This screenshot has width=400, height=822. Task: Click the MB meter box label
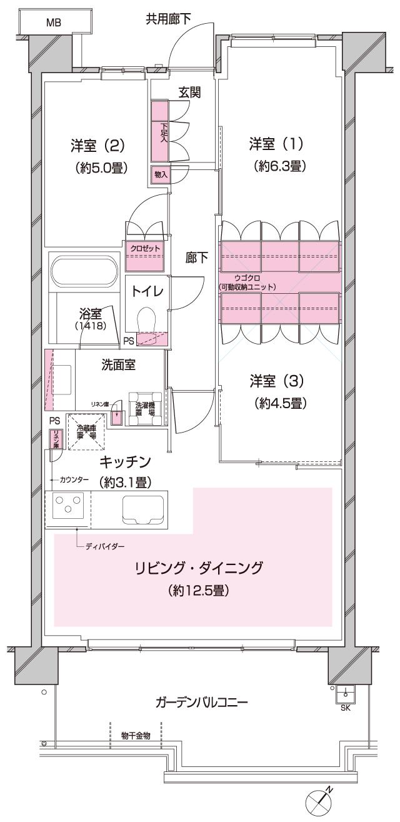point(54,23)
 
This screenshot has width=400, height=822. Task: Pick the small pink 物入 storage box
point(161,175)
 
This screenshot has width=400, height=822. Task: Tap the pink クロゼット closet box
point(145,248)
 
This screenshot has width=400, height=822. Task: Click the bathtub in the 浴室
point(84,271)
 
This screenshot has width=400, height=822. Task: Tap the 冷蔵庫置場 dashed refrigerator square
point(85,431)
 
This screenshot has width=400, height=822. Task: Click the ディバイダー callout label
point(105,546)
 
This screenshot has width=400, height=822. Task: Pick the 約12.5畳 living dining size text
point(198,590)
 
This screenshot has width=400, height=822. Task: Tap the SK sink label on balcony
point(345,708)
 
